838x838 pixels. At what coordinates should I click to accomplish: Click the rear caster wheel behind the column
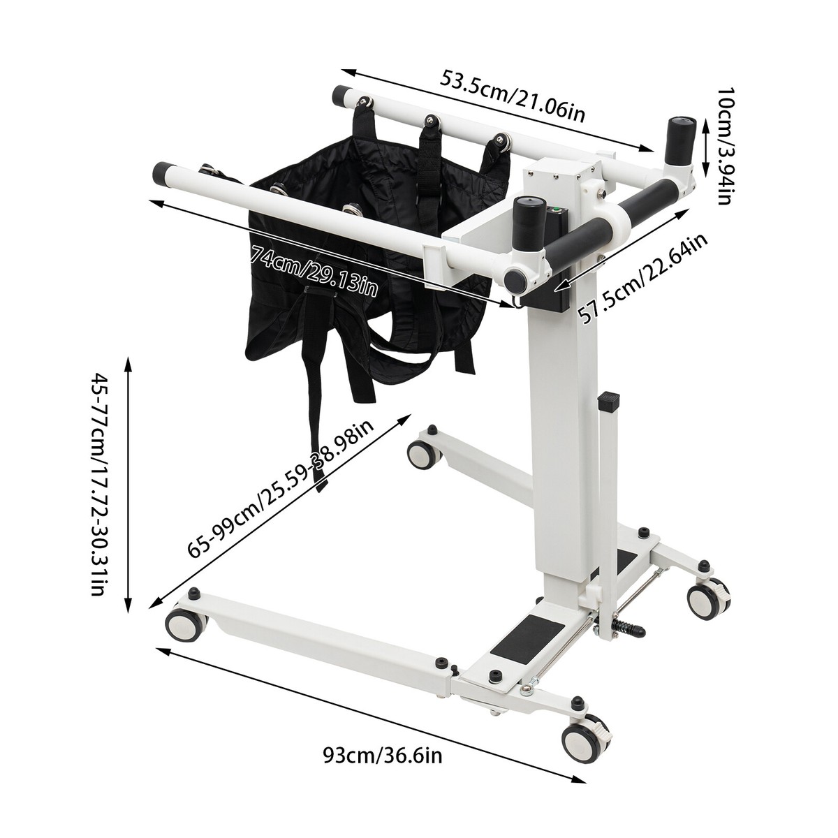(x=424, y=456)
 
